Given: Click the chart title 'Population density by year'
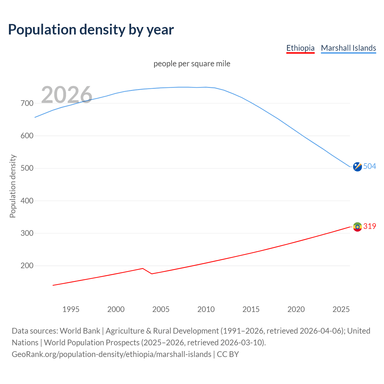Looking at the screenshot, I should pyautogui.click(x=91, y=30).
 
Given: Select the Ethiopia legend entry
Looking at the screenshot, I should pyautogui.click(x=300, y=48).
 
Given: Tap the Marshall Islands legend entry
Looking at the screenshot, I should pyautogui.click(x=348, y=48).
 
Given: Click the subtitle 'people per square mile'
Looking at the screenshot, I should pyautogui.click(x=192, y=64).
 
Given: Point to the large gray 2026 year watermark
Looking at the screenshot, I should pyautogui.click(x=67, y=95).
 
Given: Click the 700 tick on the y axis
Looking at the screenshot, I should pyautogui.click(x=27, y=103).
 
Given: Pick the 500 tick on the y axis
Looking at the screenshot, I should pyautogui.click(x=27, y=168).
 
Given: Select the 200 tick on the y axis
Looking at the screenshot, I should pyautogui.click(x=27, y=266).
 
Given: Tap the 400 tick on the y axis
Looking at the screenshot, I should pyautogui.click(x=27, y=201).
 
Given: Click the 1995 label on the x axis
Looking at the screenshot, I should pyautogui.click(x=71, y=309).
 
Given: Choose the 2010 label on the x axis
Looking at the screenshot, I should pyautogui.click(x=206, y=309).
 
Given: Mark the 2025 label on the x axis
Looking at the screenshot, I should pyautogui.click(x=341, y=309).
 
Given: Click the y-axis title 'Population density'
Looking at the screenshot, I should pyautogui.click(x=13, y=186).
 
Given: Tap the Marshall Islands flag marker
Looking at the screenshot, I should pyautogui.click(x=357, y=167).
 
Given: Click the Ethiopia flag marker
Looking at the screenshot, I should pyautogui.click(x=357, y=227).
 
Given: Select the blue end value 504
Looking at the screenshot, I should pyautogui.click(x=370, y=166).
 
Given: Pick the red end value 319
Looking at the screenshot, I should pyautogui.click(x=370, y=226).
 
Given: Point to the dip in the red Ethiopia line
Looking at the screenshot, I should pyautogui.click(x=152, y=274).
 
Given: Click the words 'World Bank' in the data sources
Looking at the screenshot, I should pyautogui.click(x=80, y=331).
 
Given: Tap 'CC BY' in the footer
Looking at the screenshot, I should pyautogui.click(x=228, y=354).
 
